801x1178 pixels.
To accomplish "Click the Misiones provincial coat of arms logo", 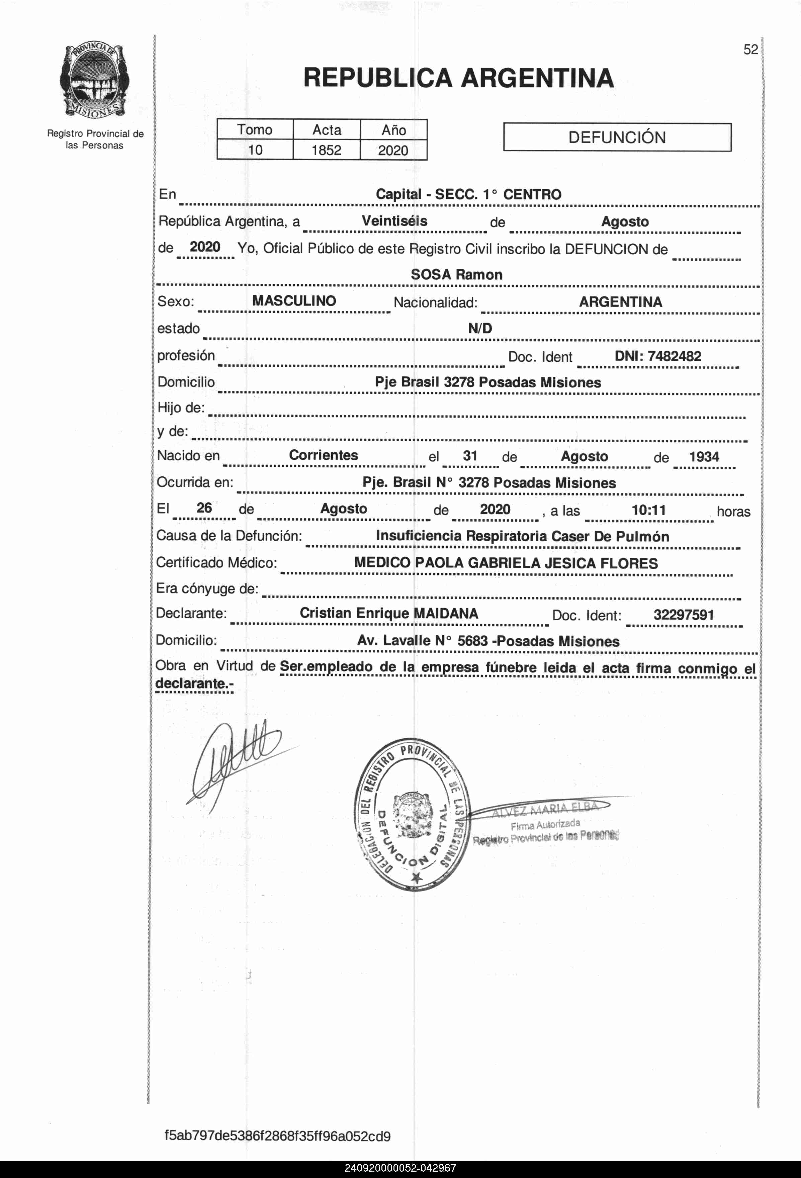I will tap(94, 81).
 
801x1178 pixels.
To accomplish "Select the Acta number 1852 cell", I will tap(327, 150).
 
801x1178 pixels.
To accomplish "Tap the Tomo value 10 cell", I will tap(255, 150).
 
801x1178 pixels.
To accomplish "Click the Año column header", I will tap(393, 130).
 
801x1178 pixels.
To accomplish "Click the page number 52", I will tap(750, 50).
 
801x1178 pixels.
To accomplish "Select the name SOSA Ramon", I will tap(456, 275).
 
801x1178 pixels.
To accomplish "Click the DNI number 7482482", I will tap(674, 356).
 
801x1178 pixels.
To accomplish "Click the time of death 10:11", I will tap(648, 510).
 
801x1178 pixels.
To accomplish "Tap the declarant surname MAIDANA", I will tap(446, 613).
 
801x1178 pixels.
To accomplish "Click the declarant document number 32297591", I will tap(683, 615).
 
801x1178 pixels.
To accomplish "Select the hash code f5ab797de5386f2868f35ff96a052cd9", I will tap(277, 1136).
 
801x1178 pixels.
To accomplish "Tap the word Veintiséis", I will tap(394, 221).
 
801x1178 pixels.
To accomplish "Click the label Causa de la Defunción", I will tap(229, 536).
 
